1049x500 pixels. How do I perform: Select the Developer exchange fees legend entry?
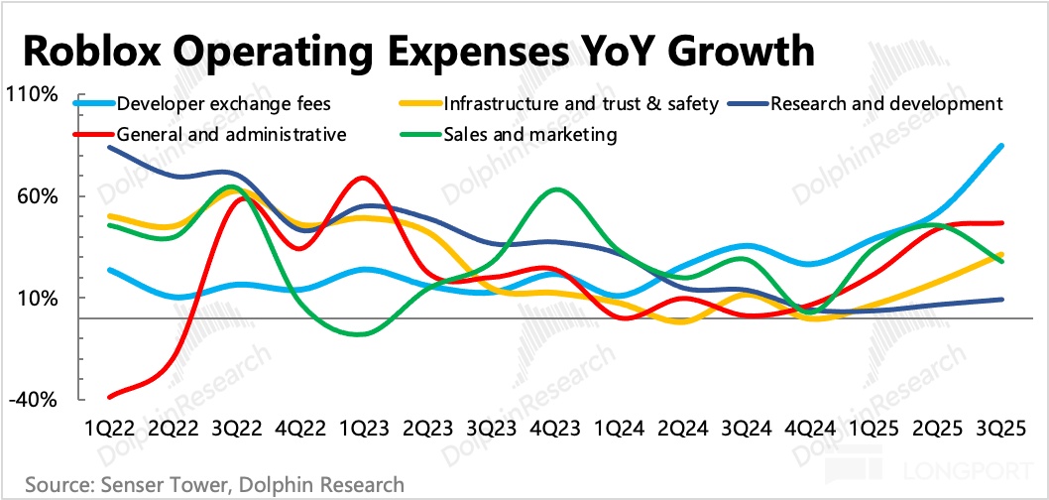pos(224,103)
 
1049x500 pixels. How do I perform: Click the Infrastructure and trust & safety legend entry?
pos(580,103)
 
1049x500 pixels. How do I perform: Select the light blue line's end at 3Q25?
pos(1000,147)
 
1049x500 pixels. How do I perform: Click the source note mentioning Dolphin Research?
pos(214,485)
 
